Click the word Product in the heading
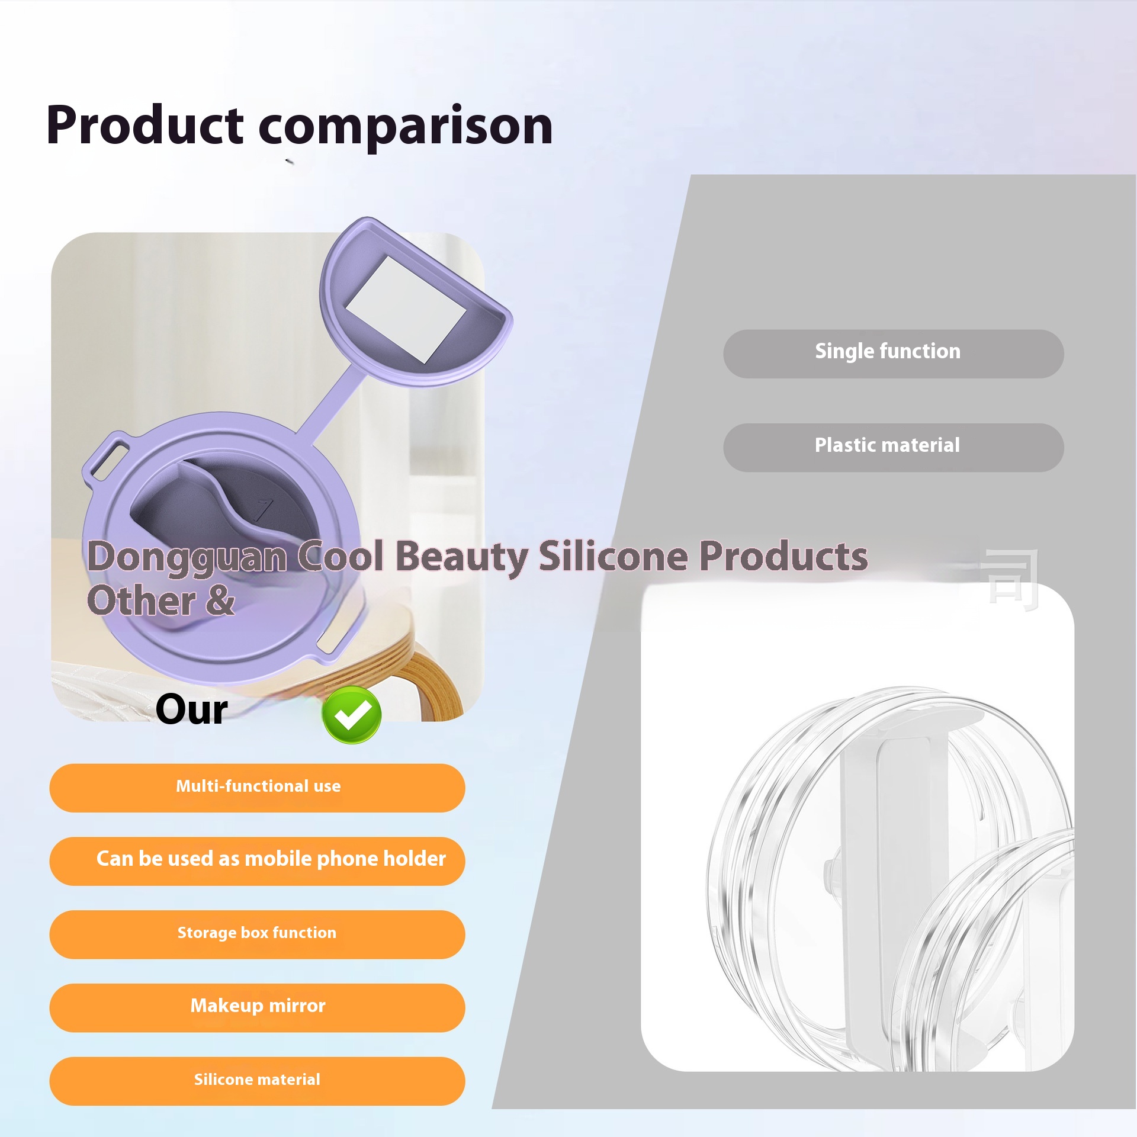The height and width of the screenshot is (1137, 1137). pos(145,126)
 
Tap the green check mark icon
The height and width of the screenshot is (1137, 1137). pos(352,715)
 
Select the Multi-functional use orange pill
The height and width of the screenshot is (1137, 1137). pos(258,788)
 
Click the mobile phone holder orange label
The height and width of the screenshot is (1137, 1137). pos(258,861)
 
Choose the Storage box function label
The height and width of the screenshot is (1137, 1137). pos(258,934)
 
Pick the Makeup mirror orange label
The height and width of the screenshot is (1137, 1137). pos(258,1008)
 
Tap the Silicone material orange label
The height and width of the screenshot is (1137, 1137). pos(258,1081)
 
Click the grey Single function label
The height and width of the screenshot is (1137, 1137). pos(894,354)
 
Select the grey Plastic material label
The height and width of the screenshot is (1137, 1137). pos(894,448)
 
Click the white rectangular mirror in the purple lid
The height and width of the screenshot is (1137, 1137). pos(406,309)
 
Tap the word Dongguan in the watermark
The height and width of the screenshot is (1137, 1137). pos(187,558)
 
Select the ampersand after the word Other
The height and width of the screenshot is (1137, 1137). pos(220,599)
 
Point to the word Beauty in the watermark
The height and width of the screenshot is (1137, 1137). pos(462,558)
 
